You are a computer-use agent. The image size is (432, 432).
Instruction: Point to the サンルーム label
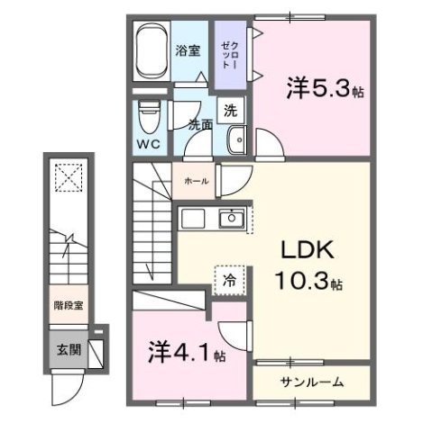tap(311, 382)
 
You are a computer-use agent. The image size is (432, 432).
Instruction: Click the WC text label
tap(148, 144)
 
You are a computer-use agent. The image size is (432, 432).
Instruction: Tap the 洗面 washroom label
tap(199, 126)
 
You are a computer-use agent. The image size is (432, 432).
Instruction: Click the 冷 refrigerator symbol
tap(229, 280)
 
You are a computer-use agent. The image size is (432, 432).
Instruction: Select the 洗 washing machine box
tap(230, 112)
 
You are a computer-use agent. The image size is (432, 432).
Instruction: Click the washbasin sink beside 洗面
tap(237, 139)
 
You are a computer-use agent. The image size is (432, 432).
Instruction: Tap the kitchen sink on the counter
tap(231, 219)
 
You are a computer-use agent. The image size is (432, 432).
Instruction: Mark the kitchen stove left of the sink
tap(194, 219)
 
